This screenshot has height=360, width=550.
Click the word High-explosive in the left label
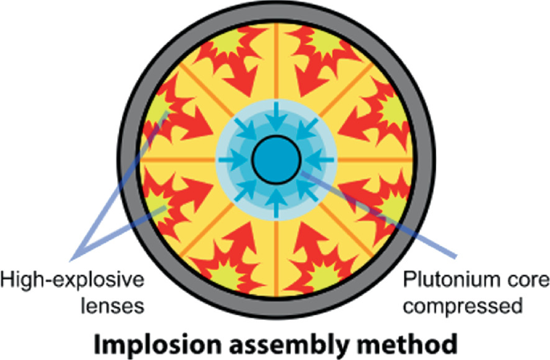[x=71, y=280]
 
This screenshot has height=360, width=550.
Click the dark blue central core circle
[x=275, y=157]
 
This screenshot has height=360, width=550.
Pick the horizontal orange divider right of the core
[x=373, y=157]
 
